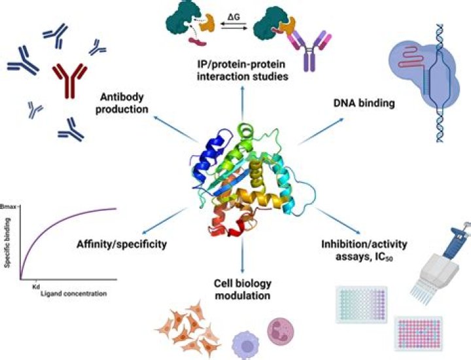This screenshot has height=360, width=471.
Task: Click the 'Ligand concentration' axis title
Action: [71, 295]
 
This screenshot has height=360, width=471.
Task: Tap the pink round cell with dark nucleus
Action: [279, 331]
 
